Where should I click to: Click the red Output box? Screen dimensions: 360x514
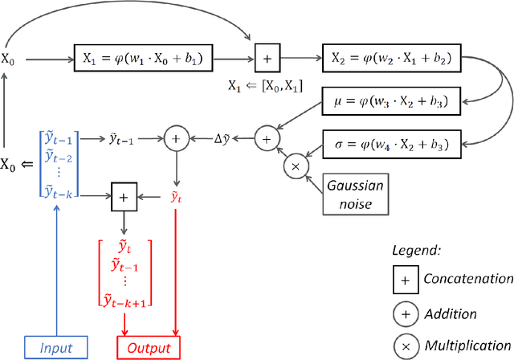point(149,348)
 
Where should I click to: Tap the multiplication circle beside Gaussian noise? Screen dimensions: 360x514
point(296,166)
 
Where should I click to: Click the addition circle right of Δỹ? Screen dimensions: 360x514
point(266,138)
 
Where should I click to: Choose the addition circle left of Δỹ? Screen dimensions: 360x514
point(175,138)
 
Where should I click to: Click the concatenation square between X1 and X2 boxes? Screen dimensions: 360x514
point(267,58)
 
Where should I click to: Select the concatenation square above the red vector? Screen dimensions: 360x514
point(124,195)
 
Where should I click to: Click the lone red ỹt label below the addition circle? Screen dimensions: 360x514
point(175,195)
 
